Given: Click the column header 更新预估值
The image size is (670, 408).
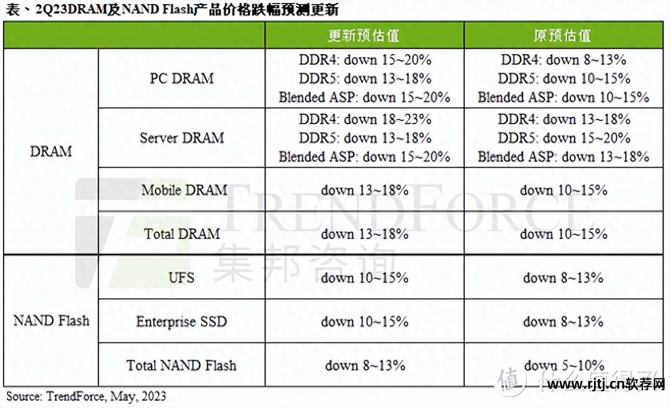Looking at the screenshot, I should pyautogui.click(x=364, y=35).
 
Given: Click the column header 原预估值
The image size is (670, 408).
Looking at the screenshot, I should pyautogui.click(x=563, y=35).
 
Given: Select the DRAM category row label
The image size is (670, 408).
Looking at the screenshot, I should pyautogui.click(x=51, y=151).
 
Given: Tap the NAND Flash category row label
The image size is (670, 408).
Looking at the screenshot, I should pyautogui.click(x=51, y=320).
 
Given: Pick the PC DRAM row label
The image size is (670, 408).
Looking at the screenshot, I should pyautogui.click(x=181, y=78).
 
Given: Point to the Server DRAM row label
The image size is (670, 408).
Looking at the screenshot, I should pyautogui.click(x=181, y=138).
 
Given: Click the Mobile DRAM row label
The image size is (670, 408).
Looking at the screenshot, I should pyautogui.click(x=184, y=190).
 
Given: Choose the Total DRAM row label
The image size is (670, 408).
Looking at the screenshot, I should pyautogui.click(x=182, y=234).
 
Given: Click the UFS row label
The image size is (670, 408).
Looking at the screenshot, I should pyautogui.click(x=181, y=277).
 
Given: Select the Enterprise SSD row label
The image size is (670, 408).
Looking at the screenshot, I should pyautogui.click(x=181, y=321).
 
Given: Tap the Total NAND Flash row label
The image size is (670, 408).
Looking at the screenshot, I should pyautogui.click(x=181, y=365).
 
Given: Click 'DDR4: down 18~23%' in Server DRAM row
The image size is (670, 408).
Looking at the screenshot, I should pyautogui.click(x=365, y=119).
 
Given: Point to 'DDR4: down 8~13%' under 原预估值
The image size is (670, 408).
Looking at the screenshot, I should pyautogui.click(x=563, y=59).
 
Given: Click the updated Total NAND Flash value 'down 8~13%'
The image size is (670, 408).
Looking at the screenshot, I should pyautogui.click(x=365, y=365).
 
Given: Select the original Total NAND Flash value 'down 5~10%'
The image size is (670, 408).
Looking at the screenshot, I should pyautogui.click(x=564, y=365).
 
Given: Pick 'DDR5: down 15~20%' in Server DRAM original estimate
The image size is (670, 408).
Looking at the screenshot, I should pyautogui.click(x=564, y=138).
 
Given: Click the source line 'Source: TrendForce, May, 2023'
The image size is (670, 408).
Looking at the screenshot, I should pyautogui.click(x=86, y=396).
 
